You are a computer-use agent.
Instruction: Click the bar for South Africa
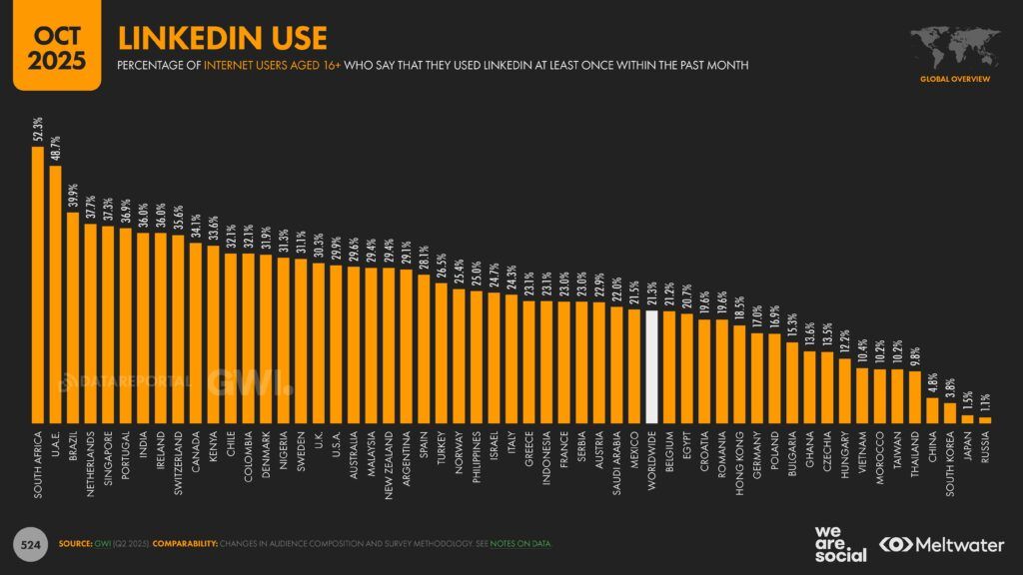click(39, 285)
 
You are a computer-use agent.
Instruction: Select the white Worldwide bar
click(651, 366)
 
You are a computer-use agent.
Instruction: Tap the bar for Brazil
click(74, 317)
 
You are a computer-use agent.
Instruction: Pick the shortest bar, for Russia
click(985, 420)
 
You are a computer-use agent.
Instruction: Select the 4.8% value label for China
click(932, 382)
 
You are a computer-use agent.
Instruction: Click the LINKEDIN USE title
click(222, 38)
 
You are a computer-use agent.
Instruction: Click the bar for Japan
click(967, 419)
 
